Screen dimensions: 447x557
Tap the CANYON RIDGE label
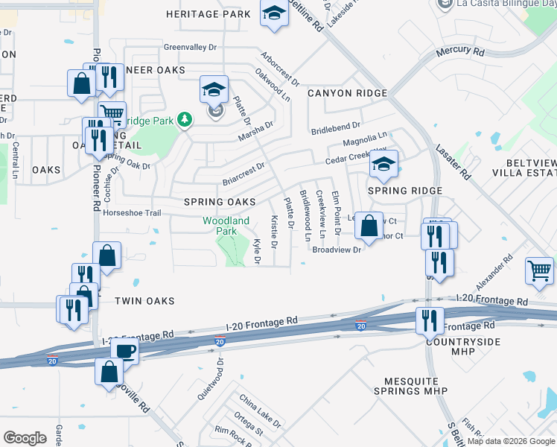click(x=347, y=93)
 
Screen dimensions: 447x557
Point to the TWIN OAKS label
click(x=144, y=301)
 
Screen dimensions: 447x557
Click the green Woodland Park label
click(x=226, y=226)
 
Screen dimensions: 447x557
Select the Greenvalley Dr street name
click(x=190, y=47)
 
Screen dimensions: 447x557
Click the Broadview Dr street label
click(x=337, y=250)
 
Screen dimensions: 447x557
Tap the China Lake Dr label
click(x=260, y=410)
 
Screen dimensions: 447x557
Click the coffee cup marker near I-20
click(x=124, y=351)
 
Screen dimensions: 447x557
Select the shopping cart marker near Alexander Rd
click(x=539, y=270)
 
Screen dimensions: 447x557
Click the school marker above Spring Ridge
click(x=384, y=165)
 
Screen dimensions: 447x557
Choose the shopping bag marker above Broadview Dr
click(x=369, y=225)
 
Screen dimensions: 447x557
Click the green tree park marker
click(x=185, y=119)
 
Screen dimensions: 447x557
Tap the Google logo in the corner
click(x=25, y=438)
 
